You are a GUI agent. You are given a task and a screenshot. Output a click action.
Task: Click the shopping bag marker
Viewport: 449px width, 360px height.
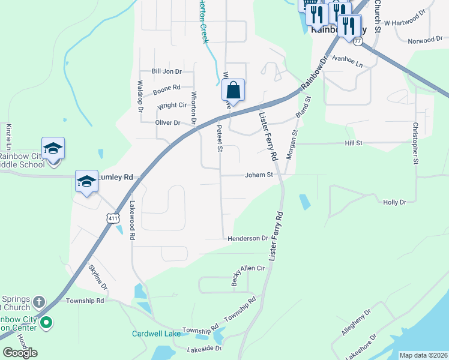tap(234, 91)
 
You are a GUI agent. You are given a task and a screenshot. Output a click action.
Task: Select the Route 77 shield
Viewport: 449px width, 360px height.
tap(358, 41)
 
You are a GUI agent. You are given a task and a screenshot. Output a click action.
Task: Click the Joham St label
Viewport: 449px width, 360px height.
tap(259, 175)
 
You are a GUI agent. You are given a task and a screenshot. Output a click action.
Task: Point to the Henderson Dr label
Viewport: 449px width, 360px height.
tap(247, 238)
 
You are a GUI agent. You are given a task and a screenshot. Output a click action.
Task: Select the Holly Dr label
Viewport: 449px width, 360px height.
tap(394, 202)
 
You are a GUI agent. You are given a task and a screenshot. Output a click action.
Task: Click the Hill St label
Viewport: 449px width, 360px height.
tap(354, 143)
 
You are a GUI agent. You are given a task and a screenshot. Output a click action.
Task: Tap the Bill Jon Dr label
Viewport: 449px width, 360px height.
tap(166, 71)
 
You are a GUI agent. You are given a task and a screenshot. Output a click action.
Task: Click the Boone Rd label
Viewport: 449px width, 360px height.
tap(166, 89)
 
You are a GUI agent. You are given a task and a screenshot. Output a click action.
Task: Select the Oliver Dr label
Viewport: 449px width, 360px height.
tap(168, 123)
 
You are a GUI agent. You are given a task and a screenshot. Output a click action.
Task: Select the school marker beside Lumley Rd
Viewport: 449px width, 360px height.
tap(86, 181)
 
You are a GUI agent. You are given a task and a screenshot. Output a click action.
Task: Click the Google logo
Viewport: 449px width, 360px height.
tap(20, 352)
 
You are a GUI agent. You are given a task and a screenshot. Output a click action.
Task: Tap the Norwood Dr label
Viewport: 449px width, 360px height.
tap(424, 40)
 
